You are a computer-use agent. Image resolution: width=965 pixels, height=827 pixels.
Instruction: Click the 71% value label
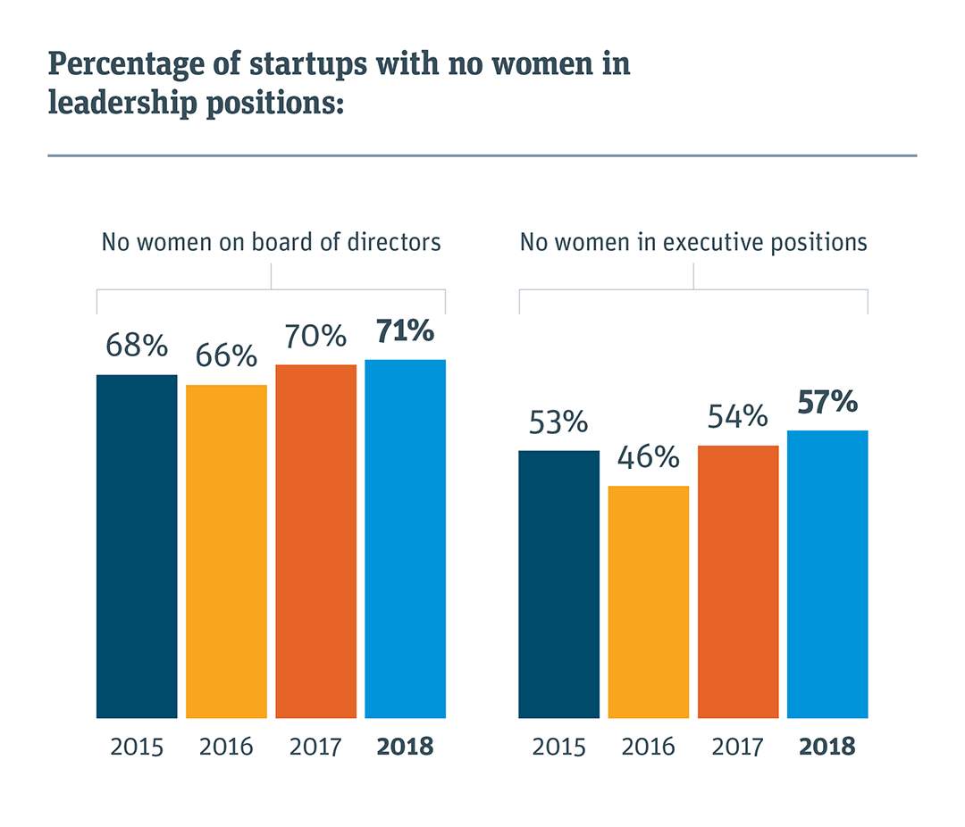point(404,331)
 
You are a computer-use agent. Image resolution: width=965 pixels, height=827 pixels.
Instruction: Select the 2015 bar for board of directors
point(137,546)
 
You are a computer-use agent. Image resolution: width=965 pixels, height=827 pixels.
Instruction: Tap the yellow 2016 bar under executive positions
point(648,601)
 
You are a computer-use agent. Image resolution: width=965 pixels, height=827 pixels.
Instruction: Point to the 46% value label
point(648,458)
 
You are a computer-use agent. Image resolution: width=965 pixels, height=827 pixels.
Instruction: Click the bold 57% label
point(827,403)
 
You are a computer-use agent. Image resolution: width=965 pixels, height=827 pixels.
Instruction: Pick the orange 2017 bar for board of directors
point(315,541)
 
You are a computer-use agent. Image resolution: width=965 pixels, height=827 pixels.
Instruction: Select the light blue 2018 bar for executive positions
point(827,574)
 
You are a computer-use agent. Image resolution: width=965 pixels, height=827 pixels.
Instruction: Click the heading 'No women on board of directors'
point(271,242)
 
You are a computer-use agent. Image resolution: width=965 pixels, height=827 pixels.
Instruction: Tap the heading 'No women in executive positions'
point(693,242)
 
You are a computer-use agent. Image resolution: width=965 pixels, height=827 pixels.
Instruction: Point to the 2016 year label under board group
point(226,747)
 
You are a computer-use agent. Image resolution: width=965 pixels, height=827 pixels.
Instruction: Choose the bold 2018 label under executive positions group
point(827,747)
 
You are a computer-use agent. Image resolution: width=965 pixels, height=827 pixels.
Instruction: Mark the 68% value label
point(137,346)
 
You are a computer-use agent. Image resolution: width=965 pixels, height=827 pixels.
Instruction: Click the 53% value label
point(558,422)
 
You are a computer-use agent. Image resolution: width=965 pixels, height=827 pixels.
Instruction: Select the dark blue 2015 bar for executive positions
point(558,584)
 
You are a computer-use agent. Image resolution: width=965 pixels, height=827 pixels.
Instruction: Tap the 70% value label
point(315,337)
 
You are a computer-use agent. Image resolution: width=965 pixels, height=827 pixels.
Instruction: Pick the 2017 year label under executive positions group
point(737,747)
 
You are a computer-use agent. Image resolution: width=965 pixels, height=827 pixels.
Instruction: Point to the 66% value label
point(226,356)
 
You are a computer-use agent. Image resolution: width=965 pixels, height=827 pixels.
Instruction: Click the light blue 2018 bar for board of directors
point(405,539)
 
